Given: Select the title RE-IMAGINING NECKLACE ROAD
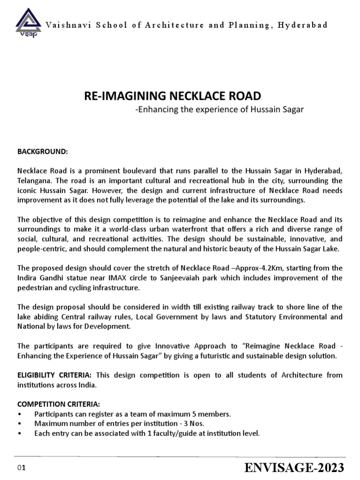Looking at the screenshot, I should point(172,96).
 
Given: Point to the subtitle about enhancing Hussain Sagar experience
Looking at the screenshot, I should point(219,110).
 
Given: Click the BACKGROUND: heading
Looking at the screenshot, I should point(43,152).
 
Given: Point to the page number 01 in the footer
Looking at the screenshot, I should point(21,468).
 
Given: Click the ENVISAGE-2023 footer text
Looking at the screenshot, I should point(294,467).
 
